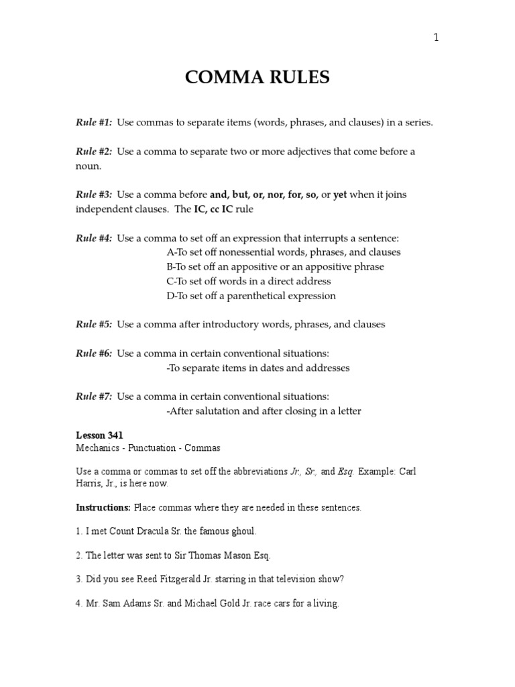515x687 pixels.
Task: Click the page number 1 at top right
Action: tap(436, 38)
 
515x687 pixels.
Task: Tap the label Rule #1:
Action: tap(94, 123)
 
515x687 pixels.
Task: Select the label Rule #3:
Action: tap(94, 195)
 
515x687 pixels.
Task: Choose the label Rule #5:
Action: tap(94, 325)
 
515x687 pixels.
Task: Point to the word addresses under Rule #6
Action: tap(325, 368)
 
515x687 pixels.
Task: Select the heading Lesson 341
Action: tap(99, 435)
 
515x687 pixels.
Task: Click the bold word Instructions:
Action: tap(103, 508)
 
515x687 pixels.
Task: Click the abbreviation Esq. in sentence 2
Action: tap(260, 556)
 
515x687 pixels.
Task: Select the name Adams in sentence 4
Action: tap(136, 604)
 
